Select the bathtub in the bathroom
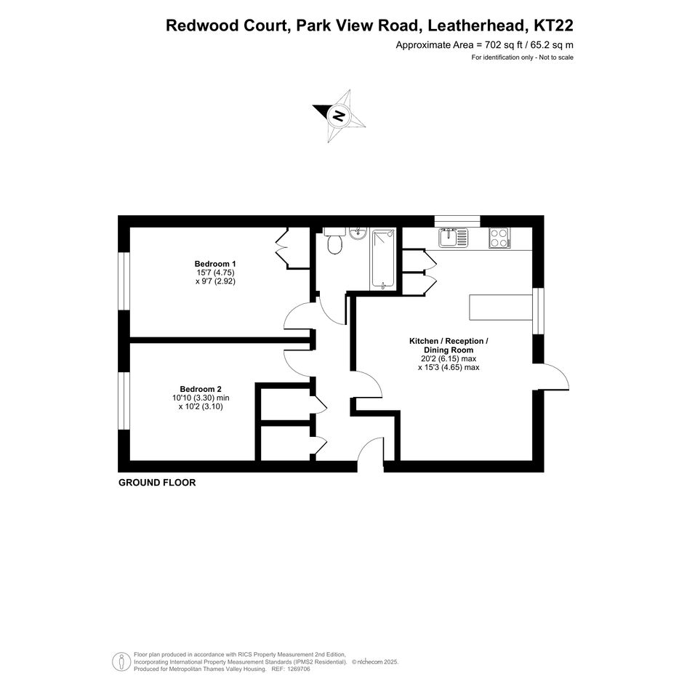click(x=384, y=259)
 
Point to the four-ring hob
click(x=499, y=237)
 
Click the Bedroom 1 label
click(x=215, y=263)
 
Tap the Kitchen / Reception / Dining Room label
click(x=449, y=345)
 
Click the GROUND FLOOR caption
click(x=157, y=483)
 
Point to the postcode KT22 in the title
click(x=553, y=26)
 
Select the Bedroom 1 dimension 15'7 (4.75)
click(x=216, y=272)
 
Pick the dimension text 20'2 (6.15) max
click(x=449, y=358)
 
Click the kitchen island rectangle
click(x=502, y=307)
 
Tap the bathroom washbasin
click(x=358, y=233)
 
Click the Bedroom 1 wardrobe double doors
click(x=281, y=248)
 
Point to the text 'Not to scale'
click(x=556, y=57)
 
